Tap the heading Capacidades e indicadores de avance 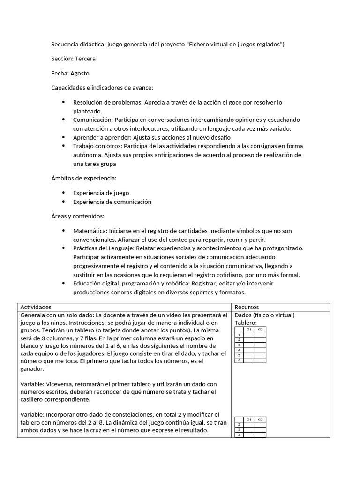(x=102, y=88)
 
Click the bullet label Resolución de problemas (x=107, y=102)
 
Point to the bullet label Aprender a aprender (x=102, y=137)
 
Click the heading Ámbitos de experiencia (x=84, y=178)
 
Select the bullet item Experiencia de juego (x=101, y=193)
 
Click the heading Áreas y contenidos (x=78, y=216)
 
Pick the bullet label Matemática (x=90, y=231)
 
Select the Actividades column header (x=36, y=307)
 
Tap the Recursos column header (x=247, y=307)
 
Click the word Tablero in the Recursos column (x=245, y=323)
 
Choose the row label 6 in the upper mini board (x=239, y=360)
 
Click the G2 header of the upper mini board (x=260, y=330)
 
